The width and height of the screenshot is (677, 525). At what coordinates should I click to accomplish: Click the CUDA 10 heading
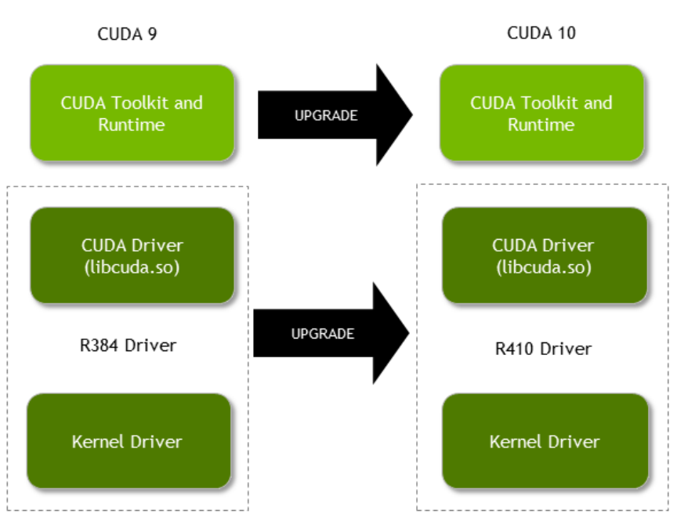coord(541,33)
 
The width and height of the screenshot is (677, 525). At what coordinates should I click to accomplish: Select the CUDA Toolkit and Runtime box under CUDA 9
coord(132,114)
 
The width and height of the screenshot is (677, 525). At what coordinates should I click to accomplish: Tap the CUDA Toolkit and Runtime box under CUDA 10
coord(541,114)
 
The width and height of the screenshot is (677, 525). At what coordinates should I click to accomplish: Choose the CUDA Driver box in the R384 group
coord(132,255)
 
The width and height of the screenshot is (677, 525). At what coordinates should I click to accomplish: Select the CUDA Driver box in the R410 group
coord(545,255)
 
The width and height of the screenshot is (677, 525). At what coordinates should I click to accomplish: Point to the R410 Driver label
coord(543,349)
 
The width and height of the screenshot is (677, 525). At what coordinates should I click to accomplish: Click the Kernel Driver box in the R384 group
coord(129,441)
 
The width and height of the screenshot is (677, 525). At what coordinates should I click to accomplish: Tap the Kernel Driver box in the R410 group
coord(545,441)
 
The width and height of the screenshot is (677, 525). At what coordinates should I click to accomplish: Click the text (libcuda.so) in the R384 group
coord(132,267)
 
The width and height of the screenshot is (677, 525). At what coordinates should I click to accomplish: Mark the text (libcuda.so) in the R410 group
coord(544,267)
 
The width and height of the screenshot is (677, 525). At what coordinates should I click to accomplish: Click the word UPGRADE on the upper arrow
coord(326,115)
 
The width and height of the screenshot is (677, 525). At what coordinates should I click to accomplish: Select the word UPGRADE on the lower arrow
coord(323,334)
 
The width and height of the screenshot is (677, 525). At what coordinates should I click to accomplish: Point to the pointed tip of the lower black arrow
coord(407,334)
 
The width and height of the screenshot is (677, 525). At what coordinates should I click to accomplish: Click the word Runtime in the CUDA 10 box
coord(541,125)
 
